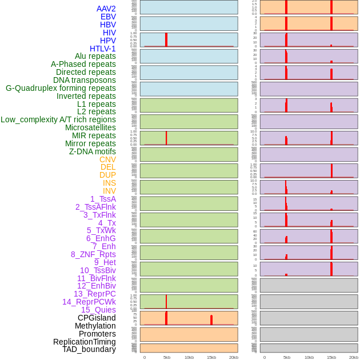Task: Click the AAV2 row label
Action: pos(106,9)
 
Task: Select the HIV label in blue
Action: pos(109,33)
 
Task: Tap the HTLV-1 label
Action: pos(102,49)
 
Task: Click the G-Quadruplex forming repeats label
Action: pos(61,88)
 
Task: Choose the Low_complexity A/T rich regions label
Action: pos(58,119)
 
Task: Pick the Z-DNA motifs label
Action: pos(93,151)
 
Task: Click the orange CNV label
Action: pos(107,159)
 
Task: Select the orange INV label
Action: pos(109,191)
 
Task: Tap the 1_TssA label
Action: pos(103,199)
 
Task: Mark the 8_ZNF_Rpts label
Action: pos(93,254)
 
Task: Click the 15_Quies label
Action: pos(98,310)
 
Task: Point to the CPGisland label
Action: pos(97,318)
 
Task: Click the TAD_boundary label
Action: pos(89,349)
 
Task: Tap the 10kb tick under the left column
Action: pos(189,357)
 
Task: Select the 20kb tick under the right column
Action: pos(354,357)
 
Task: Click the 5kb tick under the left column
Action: pos(167,357)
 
